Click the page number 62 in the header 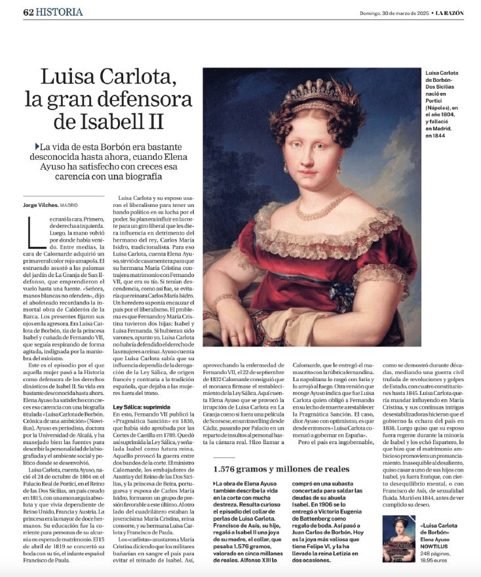pyautogui.click(x=28, y=12)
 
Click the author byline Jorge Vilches pyautogui.click(x=41, y=205)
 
